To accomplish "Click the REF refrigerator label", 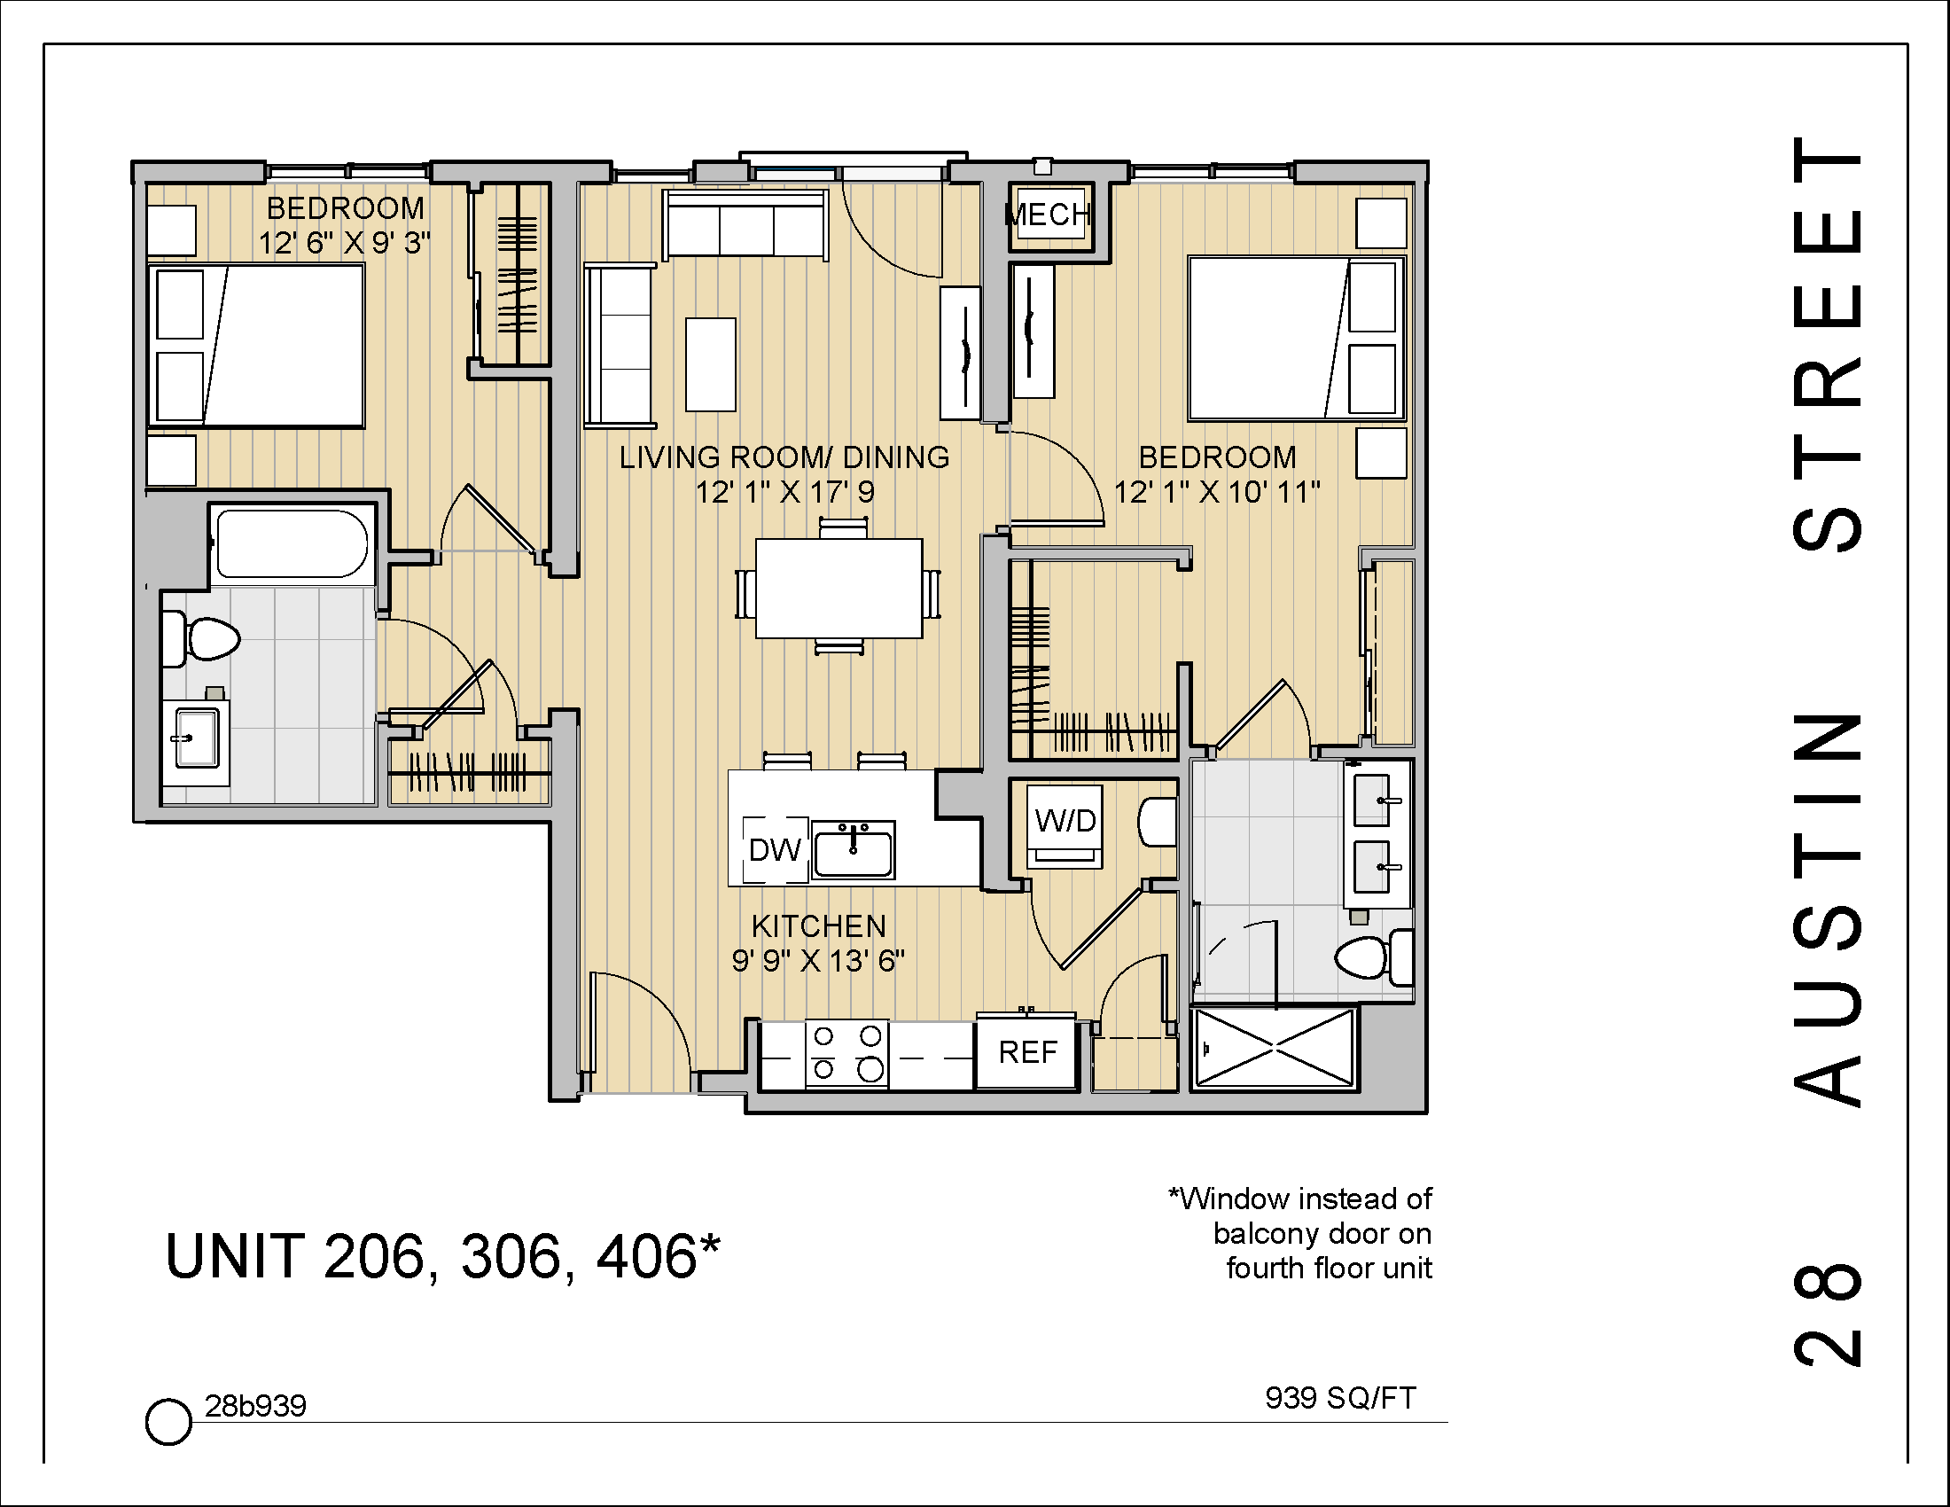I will click(1026, 1052).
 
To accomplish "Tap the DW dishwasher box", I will click(774, 850).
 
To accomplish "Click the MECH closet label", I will click(1049, 215).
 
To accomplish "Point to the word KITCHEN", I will click(818, 925).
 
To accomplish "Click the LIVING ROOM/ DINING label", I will click(784, 457).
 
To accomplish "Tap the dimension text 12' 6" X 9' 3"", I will click(345, 243).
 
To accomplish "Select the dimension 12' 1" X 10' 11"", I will click(1217, 491).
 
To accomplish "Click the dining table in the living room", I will click(838, 589).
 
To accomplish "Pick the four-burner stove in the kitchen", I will click(846, 1052).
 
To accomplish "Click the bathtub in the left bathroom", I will click(291, 543).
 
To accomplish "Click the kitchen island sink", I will click(853, 851).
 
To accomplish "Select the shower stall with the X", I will click(1274, 1048).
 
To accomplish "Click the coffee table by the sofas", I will click(711, 364).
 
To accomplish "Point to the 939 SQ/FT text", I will click(1339, 1397).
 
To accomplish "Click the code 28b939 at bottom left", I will click(255, 1406).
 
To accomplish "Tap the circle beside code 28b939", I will click(168, 1420).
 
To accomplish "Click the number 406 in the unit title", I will click(645, 1256).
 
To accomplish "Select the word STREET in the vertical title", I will click(1828, 344).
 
